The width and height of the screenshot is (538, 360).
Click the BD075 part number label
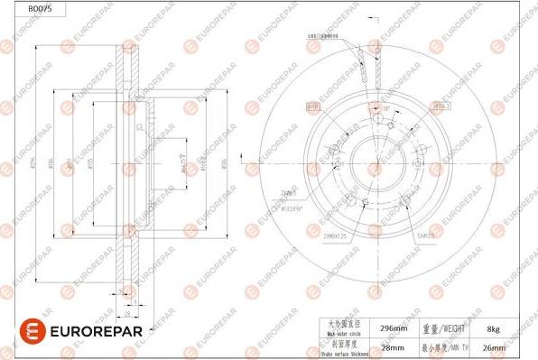pos(15,7)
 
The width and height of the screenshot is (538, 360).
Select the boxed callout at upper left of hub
pos(315,106)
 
